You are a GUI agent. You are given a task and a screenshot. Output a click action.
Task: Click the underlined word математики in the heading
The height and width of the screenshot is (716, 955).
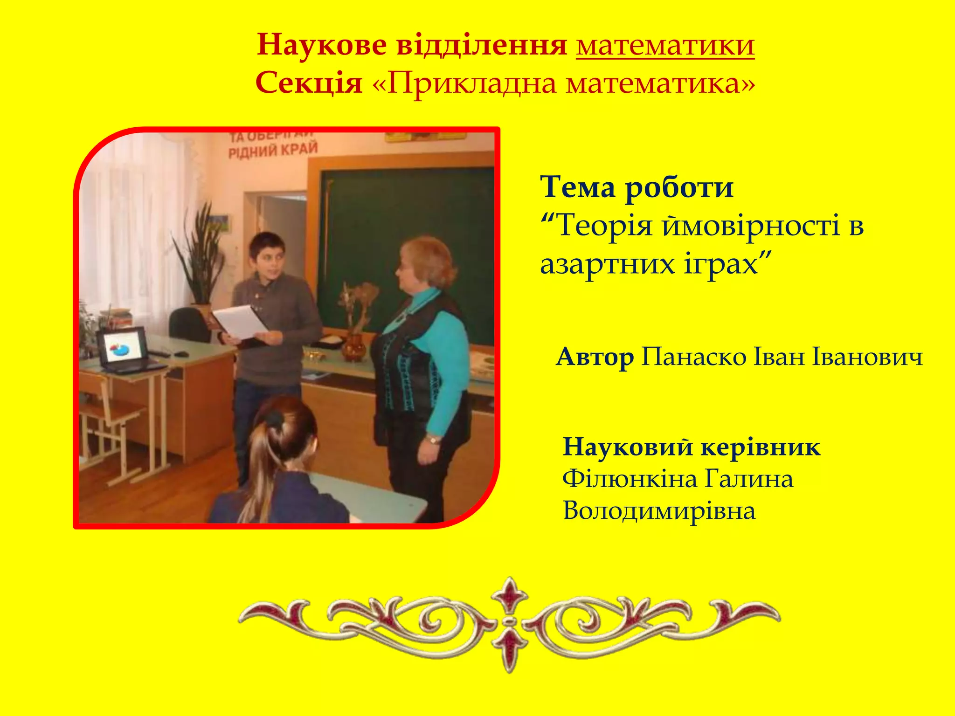pyautogui.click(x=665, y=46)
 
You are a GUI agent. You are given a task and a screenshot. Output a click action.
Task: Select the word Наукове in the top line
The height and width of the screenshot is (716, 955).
pyautogui.click(x=321, y=46)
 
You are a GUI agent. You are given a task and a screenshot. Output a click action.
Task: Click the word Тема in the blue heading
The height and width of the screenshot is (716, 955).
pyautogui.click(x=578, y=187)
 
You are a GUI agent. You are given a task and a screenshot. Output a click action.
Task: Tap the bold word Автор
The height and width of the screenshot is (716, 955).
pyautogui.click(x=595, y=358)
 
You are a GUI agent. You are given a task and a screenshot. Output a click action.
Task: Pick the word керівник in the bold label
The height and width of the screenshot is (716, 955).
pyautogui.click(x=760, y=447)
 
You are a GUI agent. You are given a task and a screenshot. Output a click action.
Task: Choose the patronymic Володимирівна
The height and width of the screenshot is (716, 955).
pyautogui.click(x=659, y=511)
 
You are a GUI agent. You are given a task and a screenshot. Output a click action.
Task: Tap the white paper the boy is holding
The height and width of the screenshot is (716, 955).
pyautogui.click(x=240, y=322)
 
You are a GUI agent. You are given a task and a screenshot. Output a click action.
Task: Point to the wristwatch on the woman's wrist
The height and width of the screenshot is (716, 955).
pyautogui.click(x=433, y=439)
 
